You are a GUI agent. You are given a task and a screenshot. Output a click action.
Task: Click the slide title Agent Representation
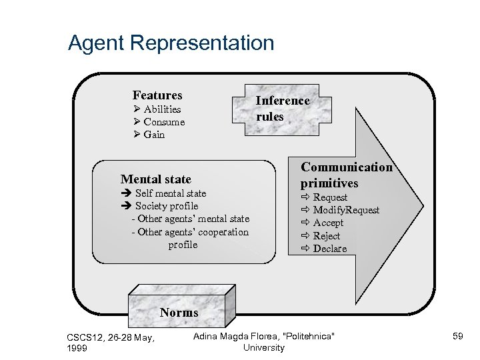pyautogui.click(x=171, y=43)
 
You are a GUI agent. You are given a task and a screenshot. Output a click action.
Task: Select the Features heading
pyautogui.click(x=157, y=95)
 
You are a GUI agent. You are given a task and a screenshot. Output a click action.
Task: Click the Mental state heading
pyautogui.click(x=155, y=179)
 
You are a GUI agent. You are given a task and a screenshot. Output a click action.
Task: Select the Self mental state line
pyautogui.click(x=170, y=193)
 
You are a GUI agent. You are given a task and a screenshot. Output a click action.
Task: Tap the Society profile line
pyautogui.click(x=166, y=206)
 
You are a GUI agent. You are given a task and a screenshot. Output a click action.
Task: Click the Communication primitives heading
pyautogui.click(x=346, y=175)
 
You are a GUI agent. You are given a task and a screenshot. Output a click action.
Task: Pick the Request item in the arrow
pyautogui.click(x=330, y=197)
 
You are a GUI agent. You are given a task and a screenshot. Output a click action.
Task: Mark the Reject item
pyautogui.click(x=326, y=236)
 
